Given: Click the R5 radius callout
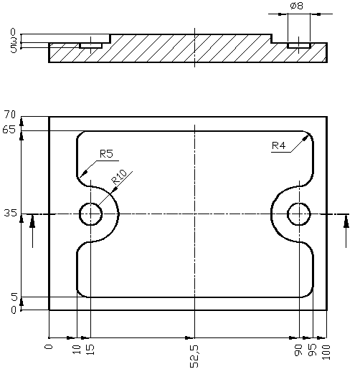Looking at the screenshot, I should [106, 153].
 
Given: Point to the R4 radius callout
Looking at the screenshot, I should [279, 146].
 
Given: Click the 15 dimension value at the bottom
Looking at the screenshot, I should [90, 350].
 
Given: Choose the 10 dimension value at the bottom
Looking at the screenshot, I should [76, 350].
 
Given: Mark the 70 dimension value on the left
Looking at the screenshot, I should [9, 115].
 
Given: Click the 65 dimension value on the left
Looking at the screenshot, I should [9, 129].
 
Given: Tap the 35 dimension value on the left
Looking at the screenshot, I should [9, 214].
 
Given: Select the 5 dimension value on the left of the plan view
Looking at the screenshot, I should [12, 297].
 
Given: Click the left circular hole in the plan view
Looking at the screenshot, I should [91, 214].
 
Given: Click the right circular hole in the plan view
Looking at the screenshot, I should [298, 214].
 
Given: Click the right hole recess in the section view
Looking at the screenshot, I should [298, 46].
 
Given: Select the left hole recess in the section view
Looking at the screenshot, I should [90, 46].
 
